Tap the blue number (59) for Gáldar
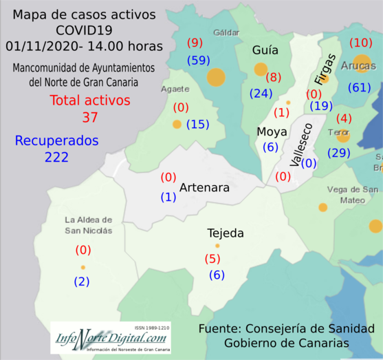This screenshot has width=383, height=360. tap(199, 61)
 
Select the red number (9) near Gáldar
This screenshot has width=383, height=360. tap(195, 43)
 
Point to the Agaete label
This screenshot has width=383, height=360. tap(175, 89)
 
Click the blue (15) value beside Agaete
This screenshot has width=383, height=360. tap(197, 125)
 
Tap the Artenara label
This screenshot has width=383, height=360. tap(204, 187)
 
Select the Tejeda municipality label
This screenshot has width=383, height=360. tap(226, 233)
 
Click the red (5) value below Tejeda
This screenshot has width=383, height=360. tap(212, 259)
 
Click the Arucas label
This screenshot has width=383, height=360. tap(358, 66)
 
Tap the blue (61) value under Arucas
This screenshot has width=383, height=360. tap(360, 87)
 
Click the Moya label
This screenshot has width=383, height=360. tap(267, 131)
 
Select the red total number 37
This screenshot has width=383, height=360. tap(89, 117)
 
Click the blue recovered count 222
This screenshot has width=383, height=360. tap(52, 157)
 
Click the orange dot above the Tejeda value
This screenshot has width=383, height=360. tap(217, 246)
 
